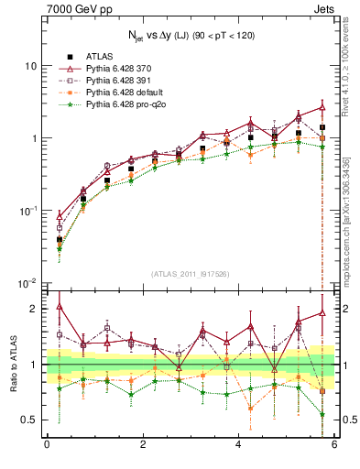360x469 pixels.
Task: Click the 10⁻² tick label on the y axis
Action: [27, 282]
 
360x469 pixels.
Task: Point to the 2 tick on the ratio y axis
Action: [33, 309]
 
